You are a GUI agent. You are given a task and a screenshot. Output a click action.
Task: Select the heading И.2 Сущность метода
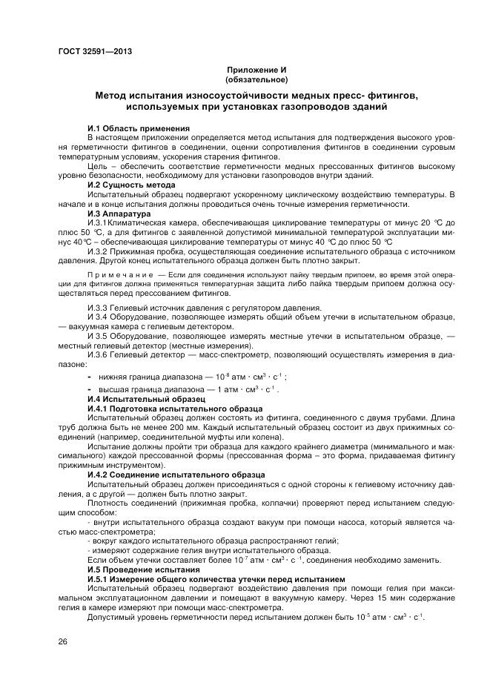click(x=131, y=184)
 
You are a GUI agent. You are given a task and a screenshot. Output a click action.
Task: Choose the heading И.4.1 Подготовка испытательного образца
click(x=174, y=408)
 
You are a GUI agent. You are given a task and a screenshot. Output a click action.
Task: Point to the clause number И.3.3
click(x=99, y=307)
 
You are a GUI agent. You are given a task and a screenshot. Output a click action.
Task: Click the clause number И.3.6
click(x=99, y=354)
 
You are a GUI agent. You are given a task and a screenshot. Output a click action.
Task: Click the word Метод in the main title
click(x=112, y=95)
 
